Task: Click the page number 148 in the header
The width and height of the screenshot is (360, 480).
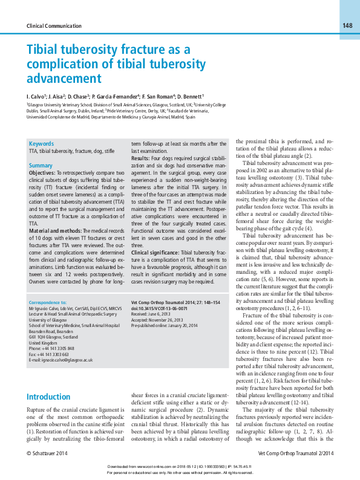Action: [x=347, y=25]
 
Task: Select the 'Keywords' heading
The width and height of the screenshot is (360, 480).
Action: [x=41, y=143]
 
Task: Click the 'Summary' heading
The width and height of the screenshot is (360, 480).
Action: [x=41, y=165]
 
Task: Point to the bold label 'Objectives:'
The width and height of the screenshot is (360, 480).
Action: [x=42, y=173]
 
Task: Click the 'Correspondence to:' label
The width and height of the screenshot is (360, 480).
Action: [x=47, y=301]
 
